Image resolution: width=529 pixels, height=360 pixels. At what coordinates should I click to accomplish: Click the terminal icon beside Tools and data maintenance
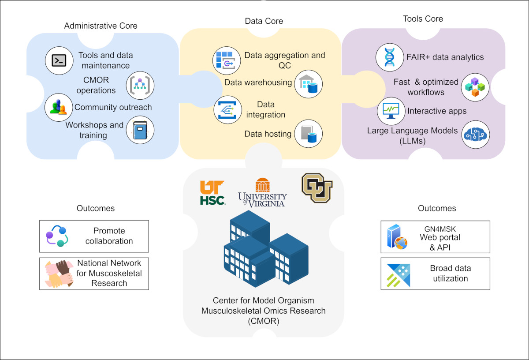[59, 60]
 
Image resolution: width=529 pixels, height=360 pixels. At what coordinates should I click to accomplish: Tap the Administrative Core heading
[101, 26]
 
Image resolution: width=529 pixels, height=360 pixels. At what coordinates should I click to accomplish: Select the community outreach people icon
[58, 107]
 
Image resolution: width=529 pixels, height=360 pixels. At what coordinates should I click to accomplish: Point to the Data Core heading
[264, 21]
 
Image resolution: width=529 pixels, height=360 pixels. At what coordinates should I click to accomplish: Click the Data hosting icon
[309, 133]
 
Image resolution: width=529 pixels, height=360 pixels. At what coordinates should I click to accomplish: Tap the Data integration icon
[227, 110]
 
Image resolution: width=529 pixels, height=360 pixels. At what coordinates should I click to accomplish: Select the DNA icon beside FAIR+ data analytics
[390, 57]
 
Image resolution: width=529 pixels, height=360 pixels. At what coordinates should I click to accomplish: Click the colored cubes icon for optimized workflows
[475, 86]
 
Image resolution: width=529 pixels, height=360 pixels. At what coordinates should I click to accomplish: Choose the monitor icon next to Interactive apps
[391, 111]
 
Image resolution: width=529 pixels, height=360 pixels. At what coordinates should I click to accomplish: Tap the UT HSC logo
[212, 193]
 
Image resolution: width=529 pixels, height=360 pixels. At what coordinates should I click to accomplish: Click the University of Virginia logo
[263, 193]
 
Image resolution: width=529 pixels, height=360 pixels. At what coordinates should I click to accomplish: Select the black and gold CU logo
[317, 187]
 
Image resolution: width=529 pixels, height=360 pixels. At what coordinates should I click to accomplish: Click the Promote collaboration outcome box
[94, 236]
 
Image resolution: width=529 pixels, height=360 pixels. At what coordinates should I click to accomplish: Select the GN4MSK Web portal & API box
[435, 236]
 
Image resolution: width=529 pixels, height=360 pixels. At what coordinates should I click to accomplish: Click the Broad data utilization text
[450, 274]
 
